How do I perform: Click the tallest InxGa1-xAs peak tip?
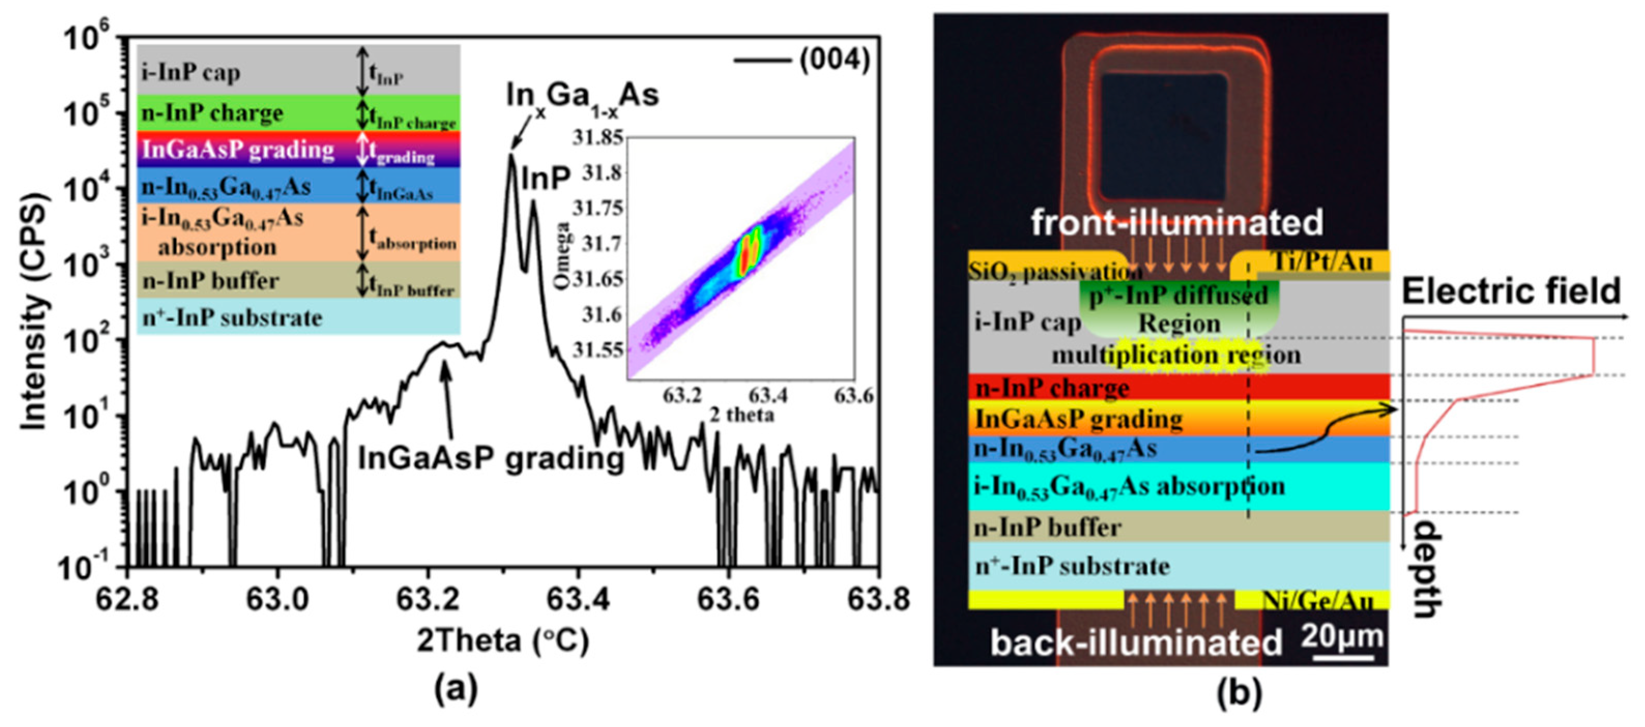click(x=511, y=155)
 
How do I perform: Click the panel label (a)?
click(x=456, y=690)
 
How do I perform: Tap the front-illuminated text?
click(x=1176, y=223)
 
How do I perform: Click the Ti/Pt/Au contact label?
click(x=1322, y=261)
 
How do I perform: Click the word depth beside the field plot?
click(x=1429, y=568)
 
